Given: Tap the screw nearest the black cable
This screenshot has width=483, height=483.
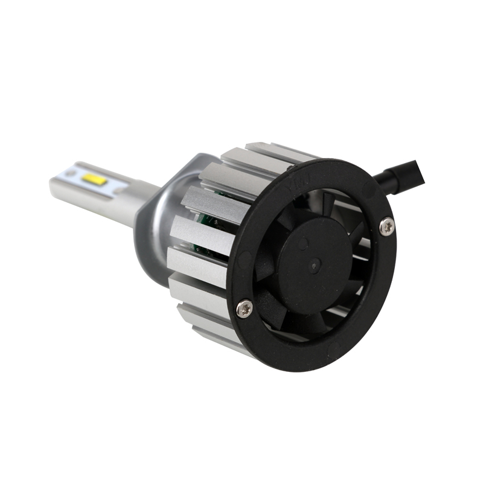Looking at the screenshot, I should pos(386,227).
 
